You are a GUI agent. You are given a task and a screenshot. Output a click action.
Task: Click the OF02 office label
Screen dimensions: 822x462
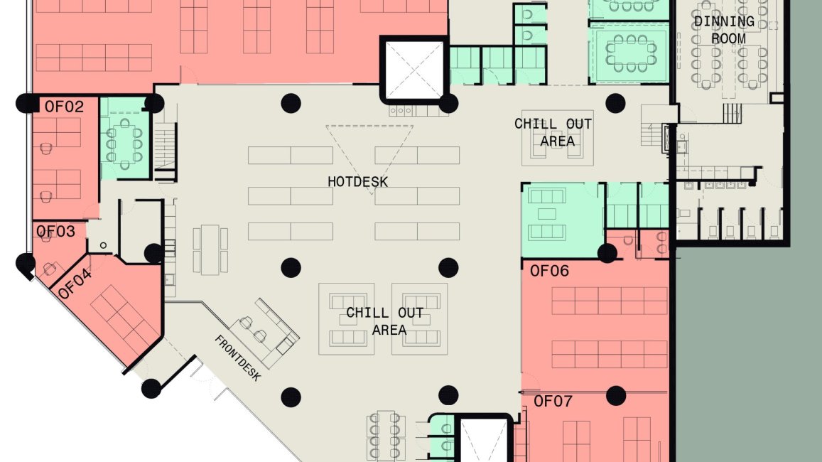(64, 107)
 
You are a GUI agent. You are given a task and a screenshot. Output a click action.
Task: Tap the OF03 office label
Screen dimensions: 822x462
(55, 231)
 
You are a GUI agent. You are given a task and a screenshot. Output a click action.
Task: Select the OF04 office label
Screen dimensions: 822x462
(75, 284)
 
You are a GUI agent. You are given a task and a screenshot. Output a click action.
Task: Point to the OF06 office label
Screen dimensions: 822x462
(549, 271)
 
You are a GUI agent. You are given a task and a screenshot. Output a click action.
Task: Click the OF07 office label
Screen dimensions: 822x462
(553, 402)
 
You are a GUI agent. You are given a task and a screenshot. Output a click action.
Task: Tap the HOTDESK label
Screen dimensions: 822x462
(358, 182)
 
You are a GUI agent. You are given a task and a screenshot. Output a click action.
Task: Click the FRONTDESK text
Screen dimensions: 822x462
(237, 358)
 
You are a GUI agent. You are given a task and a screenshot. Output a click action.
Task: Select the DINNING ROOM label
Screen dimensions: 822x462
(725, 30)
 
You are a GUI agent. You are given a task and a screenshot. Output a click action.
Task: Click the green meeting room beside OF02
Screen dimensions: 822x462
(125, 138)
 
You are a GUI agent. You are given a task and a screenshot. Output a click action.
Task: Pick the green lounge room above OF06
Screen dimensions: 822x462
(563, 220)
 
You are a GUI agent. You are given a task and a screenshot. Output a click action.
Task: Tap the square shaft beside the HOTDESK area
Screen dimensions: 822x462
(414, 70)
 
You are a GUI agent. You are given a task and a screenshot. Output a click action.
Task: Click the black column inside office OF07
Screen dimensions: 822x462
(615, 396)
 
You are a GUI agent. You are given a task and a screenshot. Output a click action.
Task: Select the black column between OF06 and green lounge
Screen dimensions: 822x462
(607, 253)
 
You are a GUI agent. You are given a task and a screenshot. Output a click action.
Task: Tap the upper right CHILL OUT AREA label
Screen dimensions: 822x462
(553, 133)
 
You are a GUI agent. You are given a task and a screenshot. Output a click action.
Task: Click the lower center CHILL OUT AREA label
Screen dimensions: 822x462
(385, 321)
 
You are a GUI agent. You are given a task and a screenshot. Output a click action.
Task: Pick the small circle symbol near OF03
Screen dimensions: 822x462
(103, 245)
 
